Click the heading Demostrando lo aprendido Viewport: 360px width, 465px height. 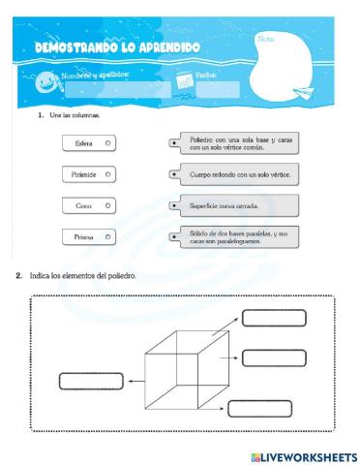point(117,47)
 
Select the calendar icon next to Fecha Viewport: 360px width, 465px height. point(186,85)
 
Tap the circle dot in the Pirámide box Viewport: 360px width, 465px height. point(107,174)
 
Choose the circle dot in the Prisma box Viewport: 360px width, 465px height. point(107,236)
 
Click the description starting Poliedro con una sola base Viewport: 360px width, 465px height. point(237,143)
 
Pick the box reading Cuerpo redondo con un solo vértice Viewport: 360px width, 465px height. point(238,174)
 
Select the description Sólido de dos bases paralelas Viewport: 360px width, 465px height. point(238,236)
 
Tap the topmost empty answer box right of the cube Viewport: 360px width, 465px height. point(274,318)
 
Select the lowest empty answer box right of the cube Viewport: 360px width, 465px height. point(261,408)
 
